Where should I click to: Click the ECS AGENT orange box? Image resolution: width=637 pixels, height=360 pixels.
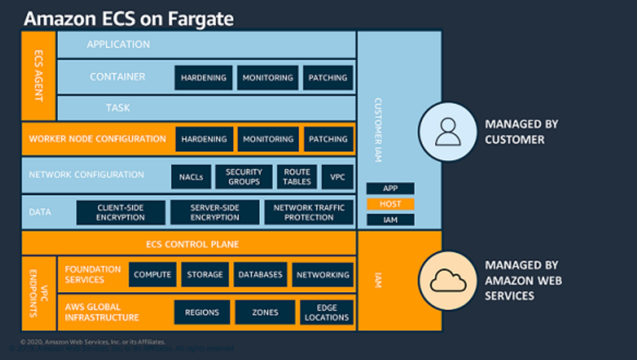pos(38,75)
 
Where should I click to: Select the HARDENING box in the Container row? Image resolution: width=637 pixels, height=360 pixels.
pos(203,78)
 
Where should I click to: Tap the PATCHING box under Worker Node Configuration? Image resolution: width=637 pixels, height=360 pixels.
pos(328,140)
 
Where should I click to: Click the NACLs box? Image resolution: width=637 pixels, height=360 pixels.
pos(191,177)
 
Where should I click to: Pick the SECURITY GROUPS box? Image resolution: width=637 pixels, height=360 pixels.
pos(244,177)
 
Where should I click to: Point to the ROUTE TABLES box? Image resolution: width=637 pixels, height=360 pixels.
pos(297,177)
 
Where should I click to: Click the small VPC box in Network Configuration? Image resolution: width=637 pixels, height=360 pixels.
pos(337,177)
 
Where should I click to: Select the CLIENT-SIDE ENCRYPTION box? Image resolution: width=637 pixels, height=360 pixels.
pos(121,213)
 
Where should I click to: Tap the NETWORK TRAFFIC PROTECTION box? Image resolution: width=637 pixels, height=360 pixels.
pos(309,213)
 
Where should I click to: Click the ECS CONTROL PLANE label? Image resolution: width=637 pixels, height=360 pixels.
pos(192,244)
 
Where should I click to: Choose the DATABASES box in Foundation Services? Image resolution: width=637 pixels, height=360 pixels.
pos(261,275)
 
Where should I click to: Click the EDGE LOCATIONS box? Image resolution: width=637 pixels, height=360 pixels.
pos(327,313)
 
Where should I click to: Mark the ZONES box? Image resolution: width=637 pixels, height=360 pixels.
pos(265,313)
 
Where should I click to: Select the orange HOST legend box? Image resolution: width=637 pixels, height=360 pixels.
pos(390,204)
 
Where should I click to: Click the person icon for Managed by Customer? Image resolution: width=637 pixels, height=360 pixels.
pos(447,132)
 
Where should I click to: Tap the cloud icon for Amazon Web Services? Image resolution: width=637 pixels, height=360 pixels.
pos(448,280)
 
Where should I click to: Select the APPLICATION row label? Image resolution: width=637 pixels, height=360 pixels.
pos(118,45)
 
